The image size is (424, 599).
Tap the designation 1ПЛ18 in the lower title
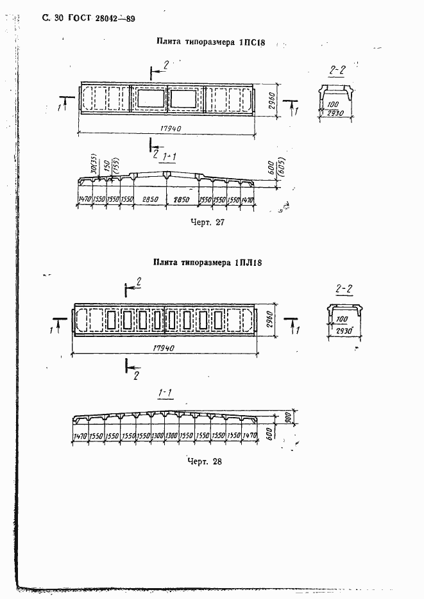pyautogui.click(x=250, y=262)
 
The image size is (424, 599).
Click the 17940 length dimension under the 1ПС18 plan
pyautogui.click(x=169, y=128)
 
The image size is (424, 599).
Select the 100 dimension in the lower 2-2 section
pyautogui.click(x=342, y=318)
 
